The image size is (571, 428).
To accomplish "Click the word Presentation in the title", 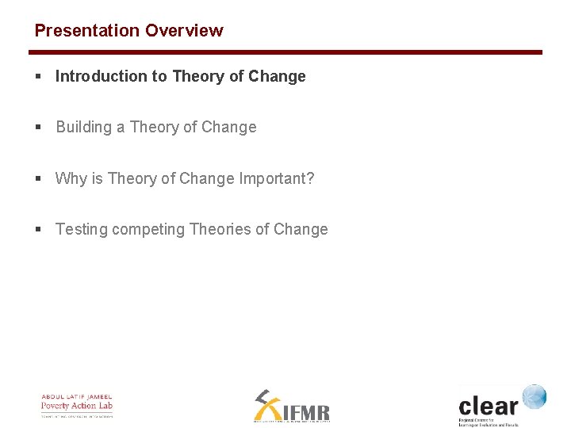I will pyautogui.click(x=86, y=31).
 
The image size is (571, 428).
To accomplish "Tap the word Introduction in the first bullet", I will pyautogui.click(x=101, y=77).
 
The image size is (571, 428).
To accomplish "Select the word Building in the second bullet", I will pyautogui.click(x=84, y=128).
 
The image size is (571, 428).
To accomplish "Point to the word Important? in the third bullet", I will pyautogui.click(x=277, y=178).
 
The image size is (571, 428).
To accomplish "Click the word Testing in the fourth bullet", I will pyautogui.click(x=81, y=230).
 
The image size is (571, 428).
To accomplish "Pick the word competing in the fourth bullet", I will pyautogui.click(x=148, y=230).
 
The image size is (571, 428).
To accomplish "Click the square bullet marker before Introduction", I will pyautogui.click(x=38, y=77).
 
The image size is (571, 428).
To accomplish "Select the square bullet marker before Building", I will pyautogui.click(x=38, y=128).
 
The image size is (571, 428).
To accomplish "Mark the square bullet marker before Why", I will pyautogui.click(x=38, y=179).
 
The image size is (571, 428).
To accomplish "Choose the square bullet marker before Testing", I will pyautogui.click(x=38, y=230).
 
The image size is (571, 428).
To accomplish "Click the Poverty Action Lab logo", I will pyautogui.click(x=77, y=405).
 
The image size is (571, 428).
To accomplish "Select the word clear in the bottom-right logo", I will pyautogui.click(x=488, y=406).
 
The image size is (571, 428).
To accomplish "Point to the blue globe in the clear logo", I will pyautogui.click(x=534, y=396).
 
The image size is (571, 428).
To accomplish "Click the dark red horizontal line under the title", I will pyautogui.click(x=285, y=52).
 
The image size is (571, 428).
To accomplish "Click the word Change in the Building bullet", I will pyautogui.click(x=229, y=128).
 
